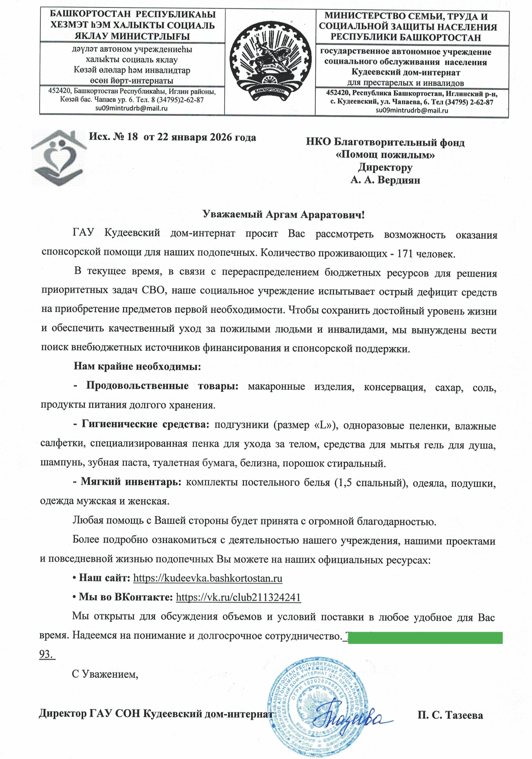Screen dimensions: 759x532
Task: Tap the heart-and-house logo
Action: click(x=59, y=157)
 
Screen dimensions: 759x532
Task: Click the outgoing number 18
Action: click(x=132, y=137)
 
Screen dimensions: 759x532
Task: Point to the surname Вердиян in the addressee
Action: click(x=398, y=180)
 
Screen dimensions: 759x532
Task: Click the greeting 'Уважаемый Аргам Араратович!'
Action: click(x=283, y=215)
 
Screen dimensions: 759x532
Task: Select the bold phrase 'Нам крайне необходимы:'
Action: click(x=137, y=366)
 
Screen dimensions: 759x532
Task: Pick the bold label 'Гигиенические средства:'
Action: click(x=146, y=425)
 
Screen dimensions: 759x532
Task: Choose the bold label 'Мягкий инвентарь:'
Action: click(x=131, y=482)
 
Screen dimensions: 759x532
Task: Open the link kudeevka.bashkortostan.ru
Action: click(x=208, y=578)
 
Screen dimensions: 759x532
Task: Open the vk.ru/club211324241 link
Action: click(x=238, y=597)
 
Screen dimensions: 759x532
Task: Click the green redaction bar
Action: click(x=425, y=638)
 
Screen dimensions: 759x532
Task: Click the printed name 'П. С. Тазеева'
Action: click(x=450, y=715)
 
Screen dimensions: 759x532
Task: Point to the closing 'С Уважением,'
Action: click(x=105, y=674)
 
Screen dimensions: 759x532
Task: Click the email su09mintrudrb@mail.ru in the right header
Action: click(x=411, y=110)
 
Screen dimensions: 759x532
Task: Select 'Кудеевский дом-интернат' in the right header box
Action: click(x=405, y=72)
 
